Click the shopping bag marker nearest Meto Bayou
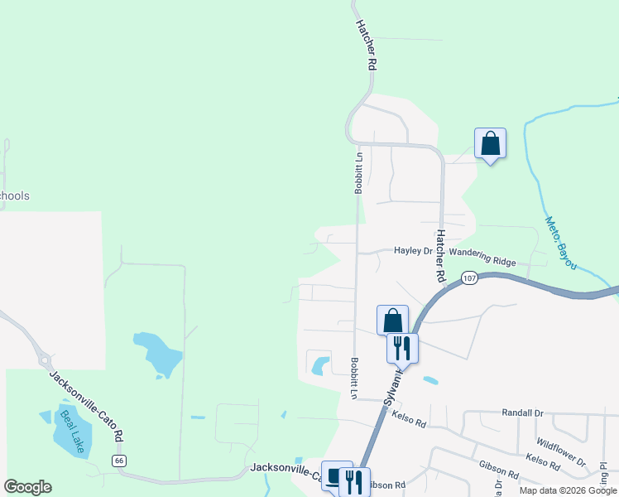(490, 143)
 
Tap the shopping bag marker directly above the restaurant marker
(392, 321)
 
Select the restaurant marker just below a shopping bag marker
(403, 348)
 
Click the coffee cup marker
(335, 477)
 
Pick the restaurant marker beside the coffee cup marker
(355, 481)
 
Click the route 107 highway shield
(469, 277)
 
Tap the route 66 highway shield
(120, 460)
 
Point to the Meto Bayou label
(561, 244)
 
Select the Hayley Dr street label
(413, 250)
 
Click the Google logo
(27, 487)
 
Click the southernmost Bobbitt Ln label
(353, 378)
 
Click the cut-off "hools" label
(15, 196)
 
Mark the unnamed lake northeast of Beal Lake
(158, 354)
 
